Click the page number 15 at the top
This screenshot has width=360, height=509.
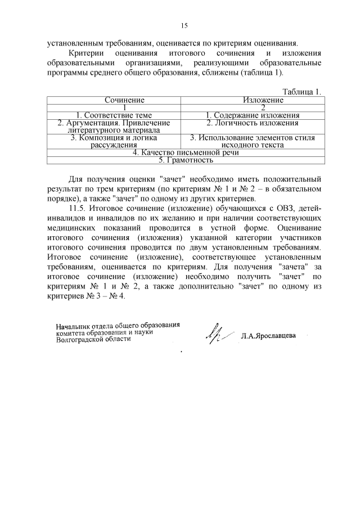coord(183,25)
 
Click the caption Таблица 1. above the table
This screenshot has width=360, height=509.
coord(302,92)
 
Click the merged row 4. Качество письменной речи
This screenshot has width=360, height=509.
coord(186,152)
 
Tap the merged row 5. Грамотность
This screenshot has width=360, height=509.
coord(186,160)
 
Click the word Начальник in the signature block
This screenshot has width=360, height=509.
coord(75,326)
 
